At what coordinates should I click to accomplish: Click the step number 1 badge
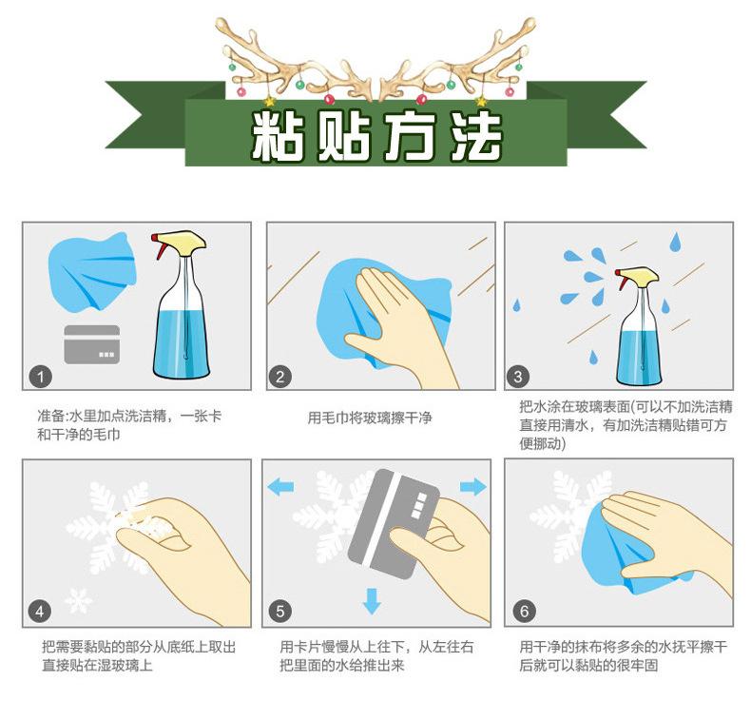(x=40, y=377)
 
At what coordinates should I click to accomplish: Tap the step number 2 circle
(x=279, y=377)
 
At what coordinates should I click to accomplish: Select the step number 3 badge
(x=518, y=377)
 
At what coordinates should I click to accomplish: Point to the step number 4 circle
(x=40, y=612)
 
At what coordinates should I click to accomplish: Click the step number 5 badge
(x=279, y=612)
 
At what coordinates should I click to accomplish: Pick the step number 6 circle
(x=524, y=611)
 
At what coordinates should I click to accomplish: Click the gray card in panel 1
(x=91, y=344)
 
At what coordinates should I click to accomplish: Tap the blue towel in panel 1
(x=91, y=272)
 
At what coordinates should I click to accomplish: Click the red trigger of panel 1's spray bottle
(x=158, y=246)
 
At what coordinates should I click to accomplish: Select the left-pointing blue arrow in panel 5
(x=280, y=488)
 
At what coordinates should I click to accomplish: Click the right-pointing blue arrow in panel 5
(x=473, y=487)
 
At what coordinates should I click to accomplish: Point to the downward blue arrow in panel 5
(x=372, y=601)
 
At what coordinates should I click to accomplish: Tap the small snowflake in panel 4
(x=79, y=601)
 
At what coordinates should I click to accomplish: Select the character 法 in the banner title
(x=475, y=136)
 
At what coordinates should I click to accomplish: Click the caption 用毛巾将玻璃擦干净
(x=370, y=418)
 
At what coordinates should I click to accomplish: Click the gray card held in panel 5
(x=395, y=524)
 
